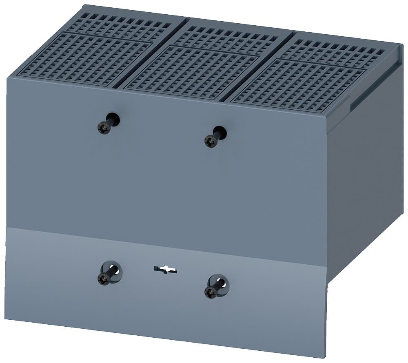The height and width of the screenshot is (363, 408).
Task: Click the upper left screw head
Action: tap(104, 128)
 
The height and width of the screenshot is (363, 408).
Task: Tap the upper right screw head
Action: tap(211, 142)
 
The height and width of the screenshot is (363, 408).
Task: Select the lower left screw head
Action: tap(104, 279)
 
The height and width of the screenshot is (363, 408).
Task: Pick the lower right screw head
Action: tap(211, 292)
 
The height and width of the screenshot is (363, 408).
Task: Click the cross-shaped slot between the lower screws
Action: tap(165, 269)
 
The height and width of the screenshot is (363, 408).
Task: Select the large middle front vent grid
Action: tap(192, 73)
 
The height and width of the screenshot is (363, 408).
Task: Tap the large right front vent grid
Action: tap(298, 86)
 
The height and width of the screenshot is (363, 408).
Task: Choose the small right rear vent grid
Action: tap(333, 51)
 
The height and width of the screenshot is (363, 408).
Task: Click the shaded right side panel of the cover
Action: tap(363, 171)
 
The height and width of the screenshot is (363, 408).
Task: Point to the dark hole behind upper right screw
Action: tap(220, 133)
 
